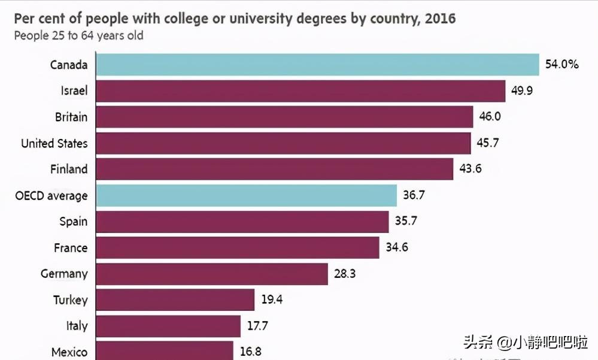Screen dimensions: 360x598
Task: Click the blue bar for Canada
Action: point(317,65)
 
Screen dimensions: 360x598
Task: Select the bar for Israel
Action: point(300,91)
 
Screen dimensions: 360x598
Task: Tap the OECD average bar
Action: point(246,195)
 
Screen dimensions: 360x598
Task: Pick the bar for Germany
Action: point(212,274)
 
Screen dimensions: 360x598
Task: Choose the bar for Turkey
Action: point(175,300)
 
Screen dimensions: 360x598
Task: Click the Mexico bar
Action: point(165,350)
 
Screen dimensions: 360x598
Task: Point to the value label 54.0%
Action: point(561,64)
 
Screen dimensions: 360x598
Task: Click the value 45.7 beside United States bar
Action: point(490,143)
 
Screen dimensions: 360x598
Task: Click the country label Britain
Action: point(71,117)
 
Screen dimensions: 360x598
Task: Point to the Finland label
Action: point(68,169)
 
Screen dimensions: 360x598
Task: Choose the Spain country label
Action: point(73,222)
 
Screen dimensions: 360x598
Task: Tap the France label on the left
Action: point(71,247)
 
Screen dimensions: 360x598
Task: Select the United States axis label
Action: point(54,143)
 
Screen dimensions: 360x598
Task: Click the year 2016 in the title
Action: point(440,19)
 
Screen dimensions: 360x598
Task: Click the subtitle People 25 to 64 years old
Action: point(78,35)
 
